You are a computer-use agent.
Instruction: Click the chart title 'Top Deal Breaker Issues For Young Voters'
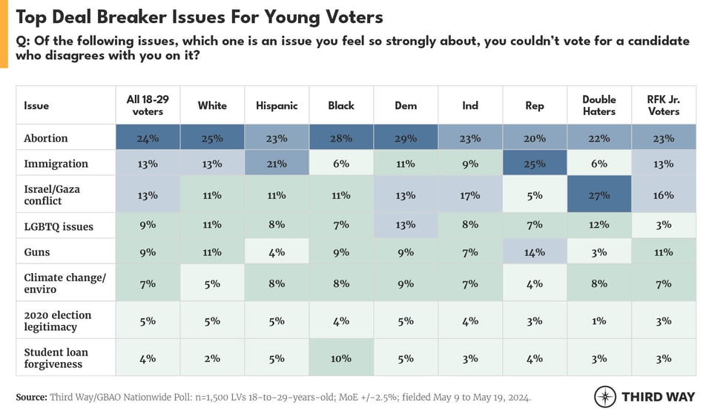pyautogui.click(x=201, y=16)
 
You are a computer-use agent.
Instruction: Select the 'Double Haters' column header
pyautogui.click(x=599, y=105)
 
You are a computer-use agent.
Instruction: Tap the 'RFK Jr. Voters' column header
pyautogui.click(x=663, y=105)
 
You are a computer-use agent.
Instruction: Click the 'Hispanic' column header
pyautogui.click(x=277, y=105)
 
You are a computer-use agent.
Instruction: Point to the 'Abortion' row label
pyautogui.click(x=46, y=138)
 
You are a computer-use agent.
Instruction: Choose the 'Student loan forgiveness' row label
pyautogui.click(x=59, y=358)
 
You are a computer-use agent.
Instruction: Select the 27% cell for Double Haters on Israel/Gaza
pyautogui.click(x=599, y=195)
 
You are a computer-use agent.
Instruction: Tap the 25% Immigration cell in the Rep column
pyautogui.click(x=534, y=163)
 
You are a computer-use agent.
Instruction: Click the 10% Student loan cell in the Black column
pyautogui.click(x=341, y=358)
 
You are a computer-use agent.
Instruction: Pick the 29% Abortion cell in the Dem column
pyautogui.click(x=406, y=138)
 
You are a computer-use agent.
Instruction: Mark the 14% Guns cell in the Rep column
pyautogui.click(x=534, y=252)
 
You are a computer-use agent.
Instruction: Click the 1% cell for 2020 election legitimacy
pyautogui.click(x=599, y=321)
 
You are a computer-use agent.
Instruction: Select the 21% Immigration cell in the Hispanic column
pyautogui.click(x=277, y=163)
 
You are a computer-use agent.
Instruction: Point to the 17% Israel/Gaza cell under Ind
pyautogui.click(x=470, y=195)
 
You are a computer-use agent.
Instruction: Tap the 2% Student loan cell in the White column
pyautogui.click(x=212, y=358)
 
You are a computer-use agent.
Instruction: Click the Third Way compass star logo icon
pyautogui.click(x=605, y=396)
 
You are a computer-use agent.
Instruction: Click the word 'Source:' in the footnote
pyautogui.click(x=31, y=397)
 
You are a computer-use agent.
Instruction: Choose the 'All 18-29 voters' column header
pyautogui.click(x=148, y=105)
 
